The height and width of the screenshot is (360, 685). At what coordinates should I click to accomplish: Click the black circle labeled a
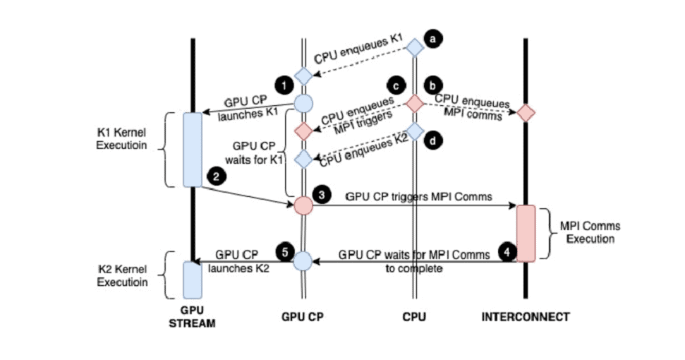click(x=433, y=40)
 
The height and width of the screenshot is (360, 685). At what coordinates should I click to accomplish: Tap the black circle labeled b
click(x=433, y=85)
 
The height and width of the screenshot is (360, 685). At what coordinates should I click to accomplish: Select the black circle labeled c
click(x=396, y=86)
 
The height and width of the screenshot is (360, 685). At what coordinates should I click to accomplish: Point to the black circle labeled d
click(x=433, y=140)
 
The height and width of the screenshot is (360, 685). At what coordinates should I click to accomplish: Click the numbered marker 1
click(x=284, y=85)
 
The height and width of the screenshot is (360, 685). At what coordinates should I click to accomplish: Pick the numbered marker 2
click(x=216, y=176)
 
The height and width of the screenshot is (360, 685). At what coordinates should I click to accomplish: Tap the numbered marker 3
click(x=322, y=194)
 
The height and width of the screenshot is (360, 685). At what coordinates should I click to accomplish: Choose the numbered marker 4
click(x=507, y=252)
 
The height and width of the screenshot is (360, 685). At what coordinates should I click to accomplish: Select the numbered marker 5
click(x=285, y=252)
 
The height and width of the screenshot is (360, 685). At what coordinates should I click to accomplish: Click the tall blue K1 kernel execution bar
click(x=193, y=150)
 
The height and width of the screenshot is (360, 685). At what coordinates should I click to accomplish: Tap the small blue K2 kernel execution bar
click(x=193, y=280)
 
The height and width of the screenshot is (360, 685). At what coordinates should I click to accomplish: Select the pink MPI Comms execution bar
click(x=526, y=234)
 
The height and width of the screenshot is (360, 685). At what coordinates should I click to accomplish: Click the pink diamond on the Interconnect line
click(x=526, y=113)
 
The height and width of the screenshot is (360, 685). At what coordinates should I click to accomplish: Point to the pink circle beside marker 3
click(x=303, y=205)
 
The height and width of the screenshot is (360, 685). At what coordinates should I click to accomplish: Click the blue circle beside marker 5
click(x=303, y=262)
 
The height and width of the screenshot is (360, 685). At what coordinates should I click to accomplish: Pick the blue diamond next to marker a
click(x=415, y=47)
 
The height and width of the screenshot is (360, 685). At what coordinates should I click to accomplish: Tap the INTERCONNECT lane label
click(x=526, y=317)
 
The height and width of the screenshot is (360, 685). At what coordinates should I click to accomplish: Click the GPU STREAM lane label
click(x=192, y=317)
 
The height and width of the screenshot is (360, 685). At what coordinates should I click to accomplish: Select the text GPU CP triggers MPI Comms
click(x=418, y=197)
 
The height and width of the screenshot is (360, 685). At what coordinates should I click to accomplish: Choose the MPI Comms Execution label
click(x=590, y=232)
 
